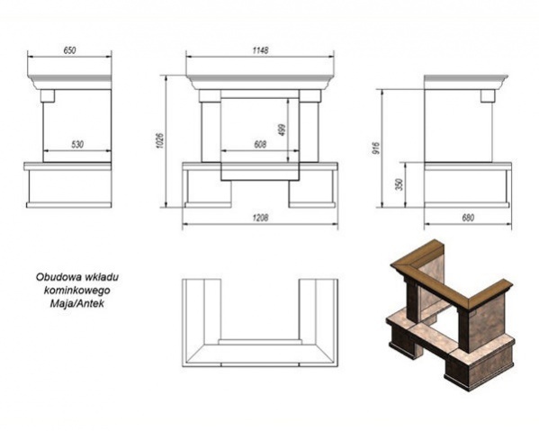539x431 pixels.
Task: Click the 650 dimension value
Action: click(69, 50)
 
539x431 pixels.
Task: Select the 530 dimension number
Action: click(77, 145)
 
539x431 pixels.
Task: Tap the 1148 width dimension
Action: click(260, 50)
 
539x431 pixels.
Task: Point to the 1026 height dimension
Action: click(160, 140)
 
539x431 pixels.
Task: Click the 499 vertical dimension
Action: click(283, 130)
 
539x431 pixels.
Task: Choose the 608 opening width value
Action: click(260, 145)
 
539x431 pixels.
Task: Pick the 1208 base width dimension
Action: click(260, 218)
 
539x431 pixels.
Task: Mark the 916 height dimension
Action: click(376, 148)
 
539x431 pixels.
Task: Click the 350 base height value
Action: click(400, 185)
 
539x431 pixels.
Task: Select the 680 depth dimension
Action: click(468, 218)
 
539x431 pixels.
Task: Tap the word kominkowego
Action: click(77, 291)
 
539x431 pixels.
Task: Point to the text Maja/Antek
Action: click(76, 304)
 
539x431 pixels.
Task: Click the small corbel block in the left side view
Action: click(48, 96)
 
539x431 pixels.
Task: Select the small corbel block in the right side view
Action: click(488, 96)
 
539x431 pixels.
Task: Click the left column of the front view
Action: click(211, 132)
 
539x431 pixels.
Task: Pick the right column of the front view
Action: click(310, 132)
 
